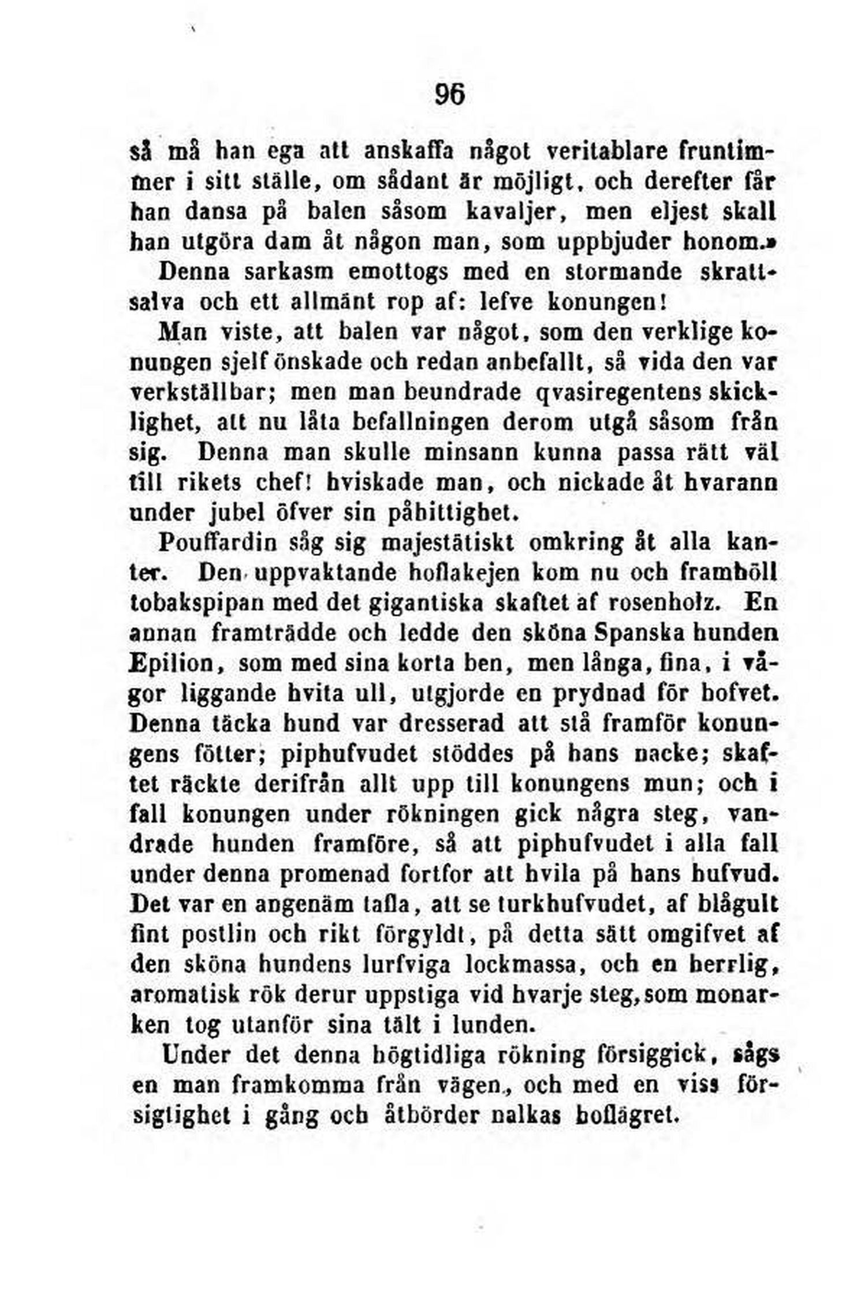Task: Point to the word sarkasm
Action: (x=280, y=272)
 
